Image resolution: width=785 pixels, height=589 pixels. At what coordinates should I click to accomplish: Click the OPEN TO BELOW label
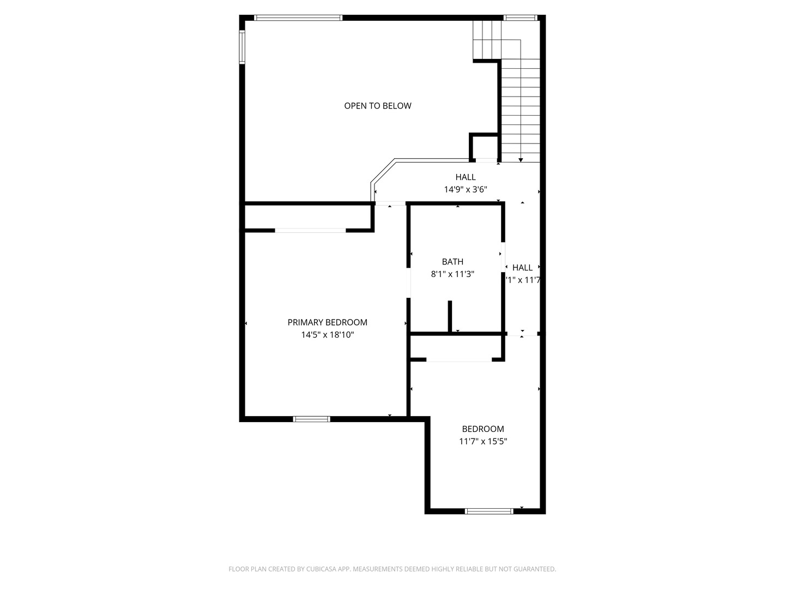click(377, 106)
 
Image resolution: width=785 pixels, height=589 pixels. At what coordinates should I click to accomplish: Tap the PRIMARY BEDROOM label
click(327, 322)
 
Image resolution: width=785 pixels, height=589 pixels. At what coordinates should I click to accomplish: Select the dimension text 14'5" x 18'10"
click(327, 335)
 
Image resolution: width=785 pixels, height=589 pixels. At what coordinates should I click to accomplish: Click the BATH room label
click(452, 262)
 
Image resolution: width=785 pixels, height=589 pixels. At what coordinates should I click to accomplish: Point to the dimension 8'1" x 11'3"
click(452, 274)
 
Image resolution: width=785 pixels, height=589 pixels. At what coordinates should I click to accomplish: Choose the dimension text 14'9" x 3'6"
click(465, 189)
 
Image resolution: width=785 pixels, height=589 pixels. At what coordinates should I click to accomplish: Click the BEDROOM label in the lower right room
click(482, 429)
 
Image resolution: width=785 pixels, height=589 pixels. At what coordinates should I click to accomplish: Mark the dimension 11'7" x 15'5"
click(482, 441)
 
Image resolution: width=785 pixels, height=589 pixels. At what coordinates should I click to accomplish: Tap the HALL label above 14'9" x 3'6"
click(465, 177)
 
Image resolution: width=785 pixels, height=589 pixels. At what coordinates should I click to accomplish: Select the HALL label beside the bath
click(522, 267)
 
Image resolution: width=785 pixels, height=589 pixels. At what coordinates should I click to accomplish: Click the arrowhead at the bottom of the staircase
click(521, 160)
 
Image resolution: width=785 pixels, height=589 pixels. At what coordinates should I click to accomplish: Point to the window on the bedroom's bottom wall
click(489, 511)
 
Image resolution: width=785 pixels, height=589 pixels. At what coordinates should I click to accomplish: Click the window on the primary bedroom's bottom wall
click(311, 419)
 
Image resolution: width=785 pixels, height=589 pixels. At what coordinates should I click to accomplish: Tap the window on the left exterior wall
click(242, 47)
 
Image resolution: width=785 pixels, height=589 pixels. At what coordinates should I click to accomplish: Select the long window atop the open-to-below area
click(298, 17)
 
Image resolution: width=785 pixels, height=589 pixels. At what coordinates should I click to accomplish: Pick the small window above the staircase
click(521, 17)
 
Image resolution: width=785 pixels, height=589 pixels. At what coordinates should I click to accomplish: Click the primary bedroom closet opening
click(310, 231)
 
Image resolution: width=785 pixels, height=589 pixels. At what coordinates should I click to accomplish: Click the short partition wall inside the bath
click(450, 316)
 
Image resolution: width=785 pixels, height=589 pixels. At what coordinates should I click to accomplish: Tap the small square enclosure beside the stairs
click(484, 147)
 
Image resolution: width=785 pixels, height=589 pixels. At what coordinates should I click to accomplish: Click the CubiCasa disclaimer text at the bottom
click(392, 569)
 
